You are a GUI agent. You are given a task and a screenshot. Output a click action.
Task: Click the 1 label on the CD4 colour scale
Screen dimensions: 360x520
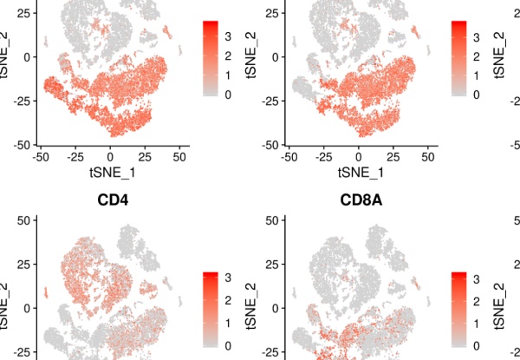coord(227,323)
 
